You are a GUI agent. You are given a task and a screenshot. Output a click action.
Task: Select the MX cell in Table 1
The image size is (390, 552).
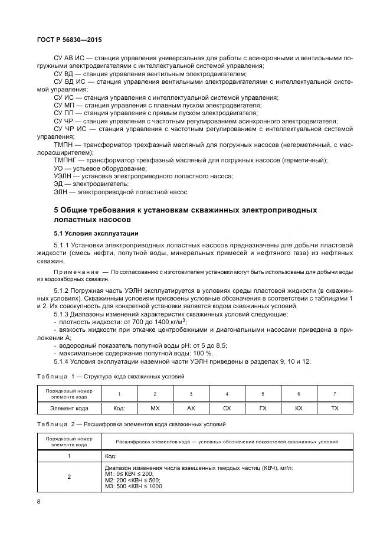(155, 409)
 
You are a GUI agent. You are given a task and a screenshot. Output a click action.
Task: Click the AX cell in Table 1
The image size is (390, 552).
(191, 409)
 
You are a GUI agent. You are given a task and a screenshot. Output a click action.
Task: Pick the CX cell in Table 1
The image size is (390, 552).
(227, 409)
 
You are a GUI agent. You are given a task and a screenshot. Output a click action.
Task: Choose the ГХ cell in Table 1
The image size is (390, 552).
(263, 409)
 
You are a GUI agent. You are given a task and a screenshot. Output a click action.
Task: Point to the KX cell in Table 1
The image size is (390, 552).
(299, 409)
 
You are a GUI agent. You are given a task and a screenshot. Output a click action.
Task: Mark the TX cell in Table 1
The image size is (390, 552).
(335, 409)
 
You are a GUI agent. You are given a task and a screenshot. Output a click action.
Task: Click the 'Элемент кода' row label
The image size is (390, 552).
(69, 409)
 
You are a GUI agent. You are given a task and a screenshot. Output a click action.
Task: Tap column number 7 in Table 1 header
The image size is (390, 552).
(335, 394)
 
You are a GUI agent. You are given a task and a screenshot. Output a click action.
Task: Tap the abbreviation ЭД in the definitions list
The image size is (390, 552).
(58, 184)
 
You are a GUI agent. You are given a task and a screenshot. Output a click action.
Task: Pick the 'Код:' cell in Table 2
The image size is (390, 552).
(110, 456)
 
